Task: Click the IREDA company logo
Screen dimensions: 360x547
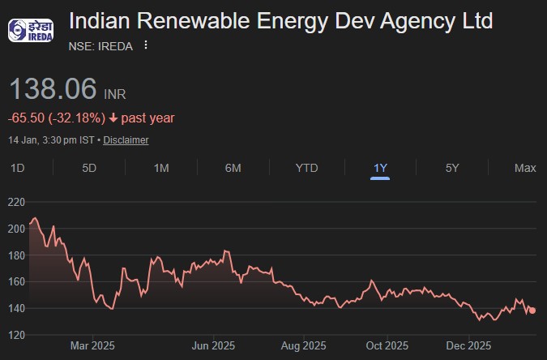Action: (31, 32)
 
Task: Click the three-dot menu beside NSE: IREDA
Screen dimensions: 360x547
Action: (146, 45)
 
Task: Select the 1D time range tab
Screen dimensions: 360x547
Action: (17, 168)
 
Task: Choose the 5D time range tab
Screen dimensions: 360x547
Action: (89, 168)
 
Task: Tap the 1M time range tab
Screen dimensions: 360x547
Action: (161, 168)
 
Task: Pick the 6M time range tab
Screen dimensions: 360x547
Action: (233, 168)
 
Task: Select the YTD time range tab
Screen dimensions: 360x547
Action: (306, 168)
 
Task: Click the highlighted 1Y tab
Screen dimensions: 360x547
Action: (380, 168)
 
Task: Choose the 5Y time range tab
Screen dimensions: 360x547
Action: (452, 168)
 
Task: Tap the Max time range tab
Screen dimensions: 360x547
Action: (525, 168)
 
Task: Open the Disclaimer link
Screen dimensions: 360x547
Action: (126, 140)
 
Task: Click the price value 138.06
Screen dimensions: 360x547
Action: (53, 89)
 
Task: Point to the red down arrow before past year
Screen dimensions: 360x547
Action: (113, 118)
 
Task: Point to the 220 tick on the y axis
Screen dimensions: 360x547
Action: (17, 202)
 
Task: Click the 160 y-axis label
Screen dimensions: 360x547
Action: (17, 282)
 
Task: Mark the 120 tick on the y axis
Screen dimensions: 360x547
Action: (17, 335)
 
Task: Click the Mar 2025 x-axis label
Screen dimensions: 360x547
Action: (92, 346)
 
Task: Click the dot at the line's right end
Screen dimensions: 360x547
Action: (532, 311)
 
